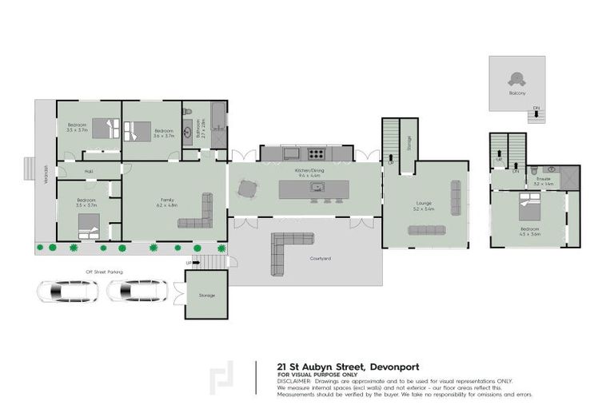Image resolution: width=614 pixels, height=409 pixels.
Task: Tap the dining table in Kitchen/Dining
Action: pyautogui.click(x=249, y=189)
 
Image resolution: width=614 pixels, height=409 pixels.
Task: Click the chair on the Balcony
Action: pyautogui.click(x=517, y=78)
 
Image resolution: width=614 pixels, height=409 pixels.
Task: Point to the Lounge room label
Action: pyautogui.click(x=424, y=204)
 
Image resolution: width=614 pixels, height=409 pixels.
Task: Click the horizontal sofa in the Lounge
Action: pyautogui.click(x=428, y=231)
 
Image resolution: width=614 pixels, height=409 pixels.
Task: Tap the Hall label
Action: pyautogui.click(x=89, y=171)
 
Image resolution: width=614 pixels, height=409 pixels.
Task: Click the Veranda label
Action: pyautogui.click(x=45, y=176)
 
